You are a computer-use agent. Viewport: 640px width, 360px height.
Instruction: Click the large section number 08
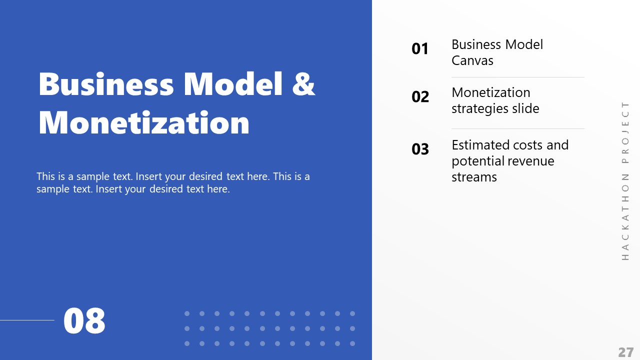[x=84, y=321]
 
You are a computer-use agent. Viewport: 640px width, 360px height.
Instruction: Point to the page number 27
[x=625, y=352]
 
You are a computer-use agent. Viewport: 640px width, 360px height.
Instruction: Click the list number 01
[x=420, y=49]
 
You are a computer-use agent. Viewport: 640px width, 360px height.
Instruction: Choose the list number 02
[x=420, y=97]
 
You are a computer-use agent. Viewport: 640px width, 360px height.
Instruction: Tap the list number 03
[x=420, y=149]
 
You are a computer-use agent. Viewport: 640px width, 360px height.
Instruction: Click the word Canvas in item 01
[x=472, y=61]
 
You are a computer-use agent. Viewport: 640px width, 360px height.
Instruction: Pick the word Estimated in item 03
[x=479, y=145]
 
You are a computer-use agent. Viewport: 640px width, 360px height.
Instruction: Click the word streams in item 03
[x=474, y=177]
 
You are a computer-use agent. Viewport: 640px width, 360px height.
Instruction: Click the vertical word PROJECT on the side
[x=625, y=132]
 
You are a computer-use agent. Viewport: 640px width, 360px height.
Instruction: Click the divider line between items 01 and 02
[x=517, y=77]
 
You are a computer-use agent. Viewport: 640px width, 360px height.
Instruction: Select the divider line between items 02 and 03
[x=517, y=129]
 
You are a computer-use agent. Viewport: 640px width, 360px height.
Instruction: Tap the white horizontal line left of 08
[x=27, y=320]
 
